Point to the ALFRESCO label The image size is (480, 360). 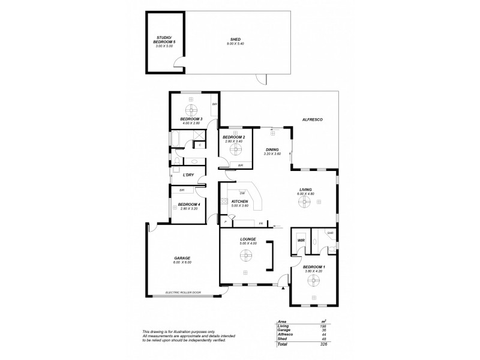coord(313,120)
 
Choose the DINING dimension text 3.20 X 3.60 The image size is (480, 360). coord(272,154)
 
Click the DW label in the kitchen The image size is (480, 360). coord(241,193)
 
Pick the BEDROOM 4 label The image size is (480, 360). coord(189,204)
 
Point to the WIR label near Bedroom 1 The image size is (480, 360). coord(301,241)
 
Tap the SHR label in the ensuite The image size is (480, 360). coord(330,233)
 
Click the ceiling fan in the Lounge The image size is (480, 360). coord(245,256)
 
